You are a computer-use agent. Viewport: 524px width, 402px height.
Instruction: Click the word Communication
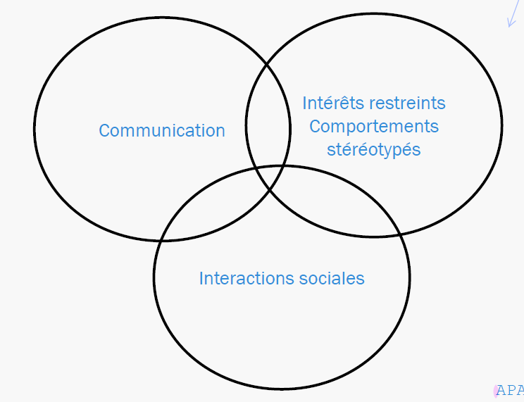pos(162,131)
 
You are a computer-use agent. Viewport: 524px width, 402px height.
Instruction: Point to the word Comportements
pos(374,127)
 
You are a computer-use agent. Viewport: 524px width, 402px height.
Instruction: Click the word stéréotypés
pos(374,150)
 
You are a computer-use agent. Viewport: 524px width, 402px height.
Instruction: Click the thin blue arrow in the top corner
pos(512,14)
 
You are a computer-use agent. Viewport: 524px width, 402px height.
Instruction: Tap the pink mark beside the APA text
pos(496,391)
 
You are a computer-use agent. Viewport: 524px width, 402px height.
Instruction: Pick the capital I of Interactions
pos(201,278)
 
